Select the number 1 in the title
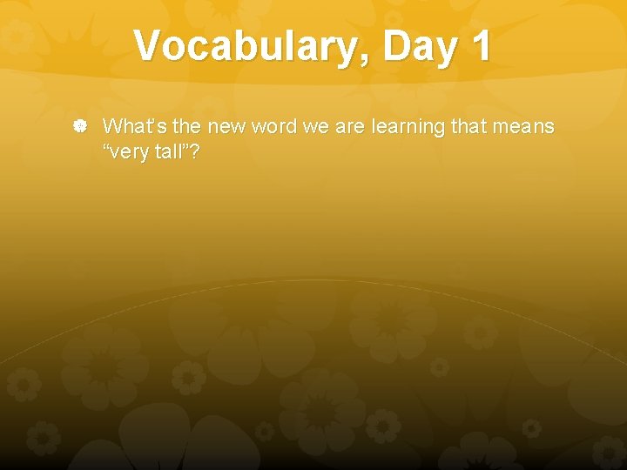[480, 46]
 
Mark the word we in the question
[315, 127]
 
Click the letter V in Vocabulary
[149, 46]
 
